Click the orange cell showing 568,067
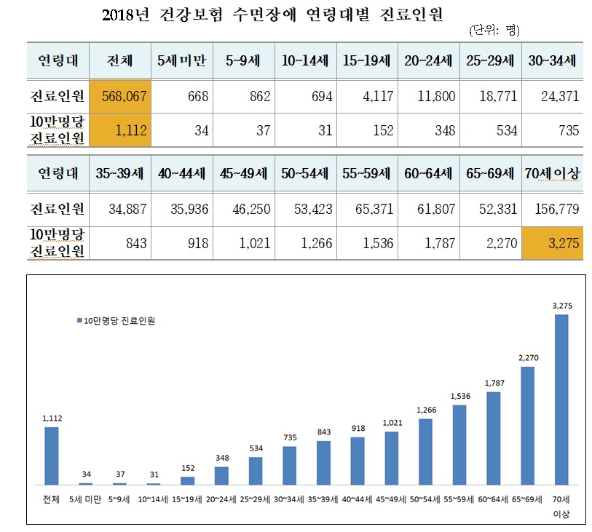tap(120, 96)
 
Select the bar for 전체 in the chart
tap(52, 455)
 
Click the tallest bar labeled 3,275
tap(561, 400)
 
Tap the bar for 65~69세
tap(528, 425)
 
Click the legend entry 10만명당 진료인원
tap(117, 320)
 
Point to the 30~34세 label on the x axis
tap(289, 499)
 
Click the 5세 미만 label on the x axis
tap(85, 499)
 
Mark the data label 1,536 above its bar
tap(459, 396)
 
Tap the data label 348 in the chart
tap(221, 458)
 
